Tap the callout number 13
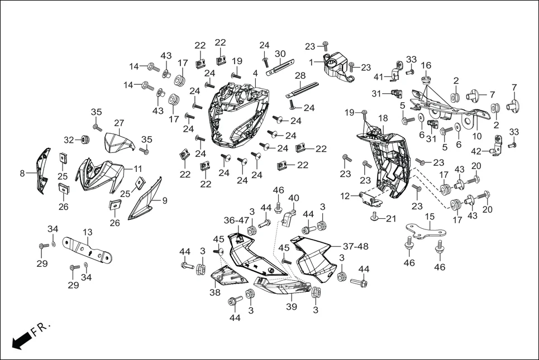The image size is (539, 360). tap(88, 232)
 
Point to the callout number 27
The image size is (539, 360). tap(119, 123)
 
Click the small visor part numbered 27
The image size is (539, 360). tap(119, 142)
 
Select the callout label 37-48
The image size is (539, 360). tap(355, 246)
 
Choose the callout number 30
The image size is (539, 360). tap(280, 54)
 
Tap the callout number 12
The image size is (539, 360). tap(345, 196)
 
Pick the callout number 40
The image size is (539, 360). tap(293, 198)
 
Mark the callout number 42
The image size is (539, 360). tap(475, 151)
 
